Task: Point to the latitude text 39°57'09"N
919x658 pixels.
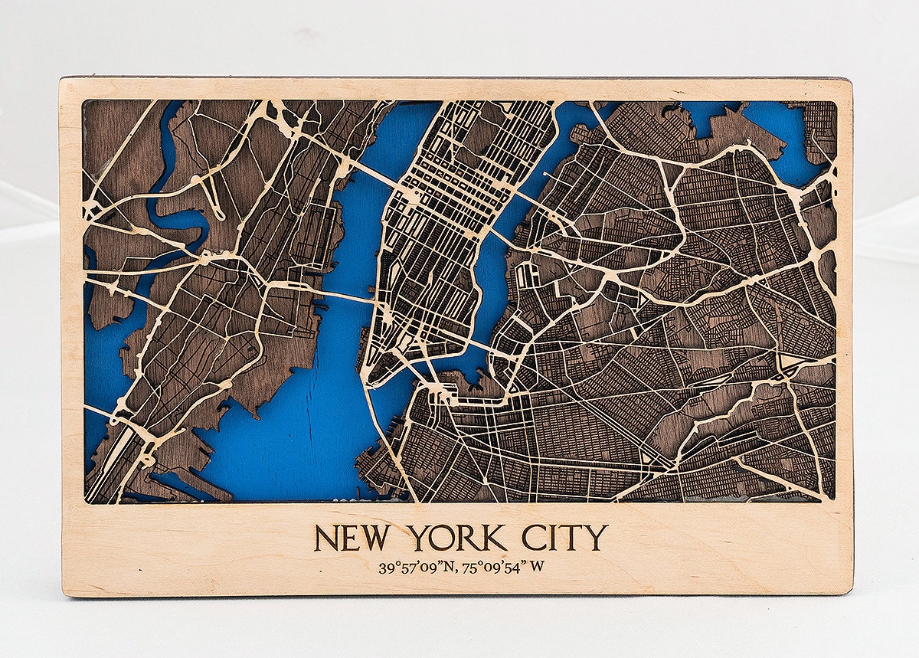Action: tap(417, 568)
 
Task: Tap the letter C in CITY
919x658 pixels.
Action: tap(534, 538)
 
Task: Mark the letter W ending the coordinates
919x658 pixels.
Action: tap(538, 568)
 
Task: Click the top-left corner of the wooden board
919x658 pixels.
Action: tap(62, 79)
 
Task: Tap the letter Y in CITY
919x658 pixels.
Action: tap(597, 538)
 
